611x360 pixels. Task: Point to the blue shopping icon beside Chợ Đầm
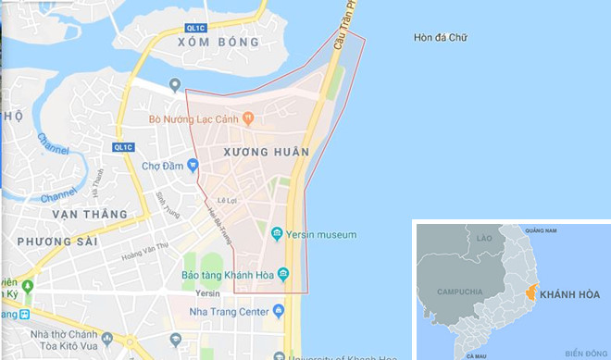(x=193, y=166)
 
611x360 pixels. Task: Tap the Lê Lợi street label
(x=228, y=200)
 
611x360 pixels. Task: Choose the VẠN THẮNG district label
(x=90, y=215)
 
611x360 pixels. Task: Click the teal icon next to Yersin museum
(x=277, y=234)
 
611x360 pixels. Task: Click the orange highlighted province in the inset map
(x=530, y=292)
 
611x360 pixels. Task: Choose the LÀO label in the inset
(x=481, y=238)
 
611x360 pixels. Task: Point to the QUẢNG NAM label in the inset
(x=541, y=230)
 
